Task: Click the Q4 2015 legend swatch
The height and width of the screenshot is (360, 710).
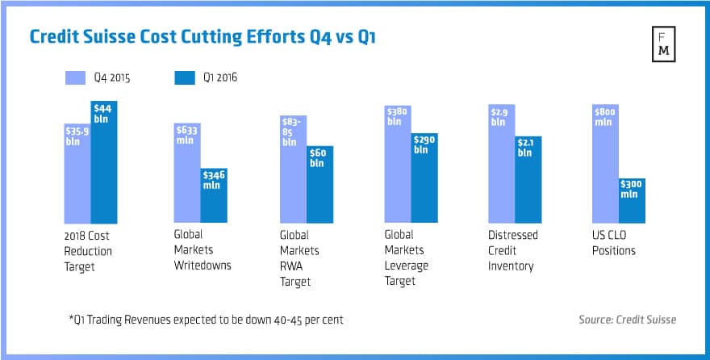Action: tap(74, 77)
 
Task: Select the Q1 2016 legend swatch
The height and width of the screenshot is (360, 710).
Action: tap(184, 77)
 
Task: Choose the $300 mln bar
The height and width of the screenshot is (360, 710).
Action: tap(632, 200)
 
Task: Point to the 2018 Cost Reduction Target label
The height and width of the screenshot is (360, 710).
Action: tap(88, 250)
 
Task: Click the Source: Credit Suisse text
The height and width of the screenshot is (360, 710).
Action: tap(627, 320)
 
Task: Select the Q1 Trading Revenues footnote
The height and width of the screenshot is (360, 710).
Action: tap(207, 320)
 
